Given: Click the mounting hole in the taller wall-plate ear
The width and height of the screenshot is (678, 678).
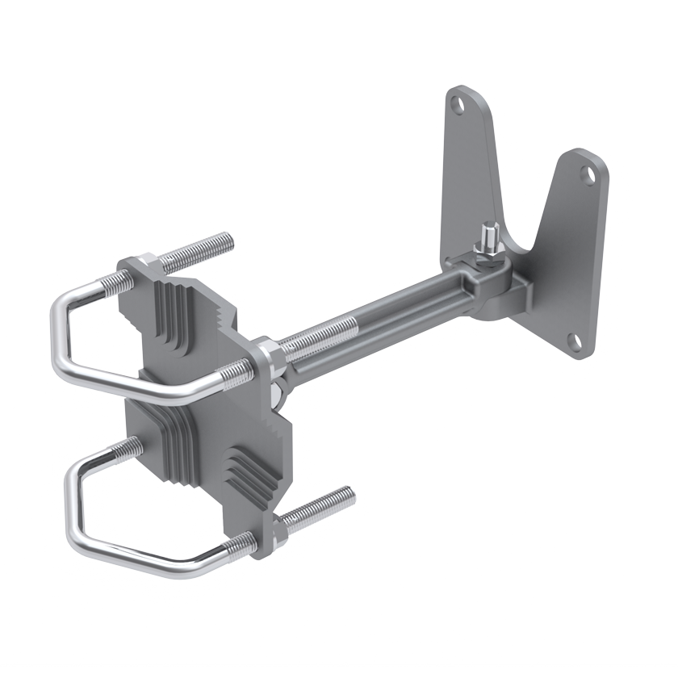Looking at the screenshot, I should click(459, 104).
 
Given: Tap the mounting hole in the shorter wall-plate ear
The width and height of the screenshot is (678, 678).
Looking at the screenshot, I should click(589, 175).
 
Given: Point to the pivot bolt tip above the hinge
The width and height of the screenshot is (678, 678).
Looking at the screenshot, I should click(489, 236).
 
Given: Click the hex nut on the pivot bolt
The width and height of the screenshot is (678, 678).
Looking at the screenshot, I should click(488, 256).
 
